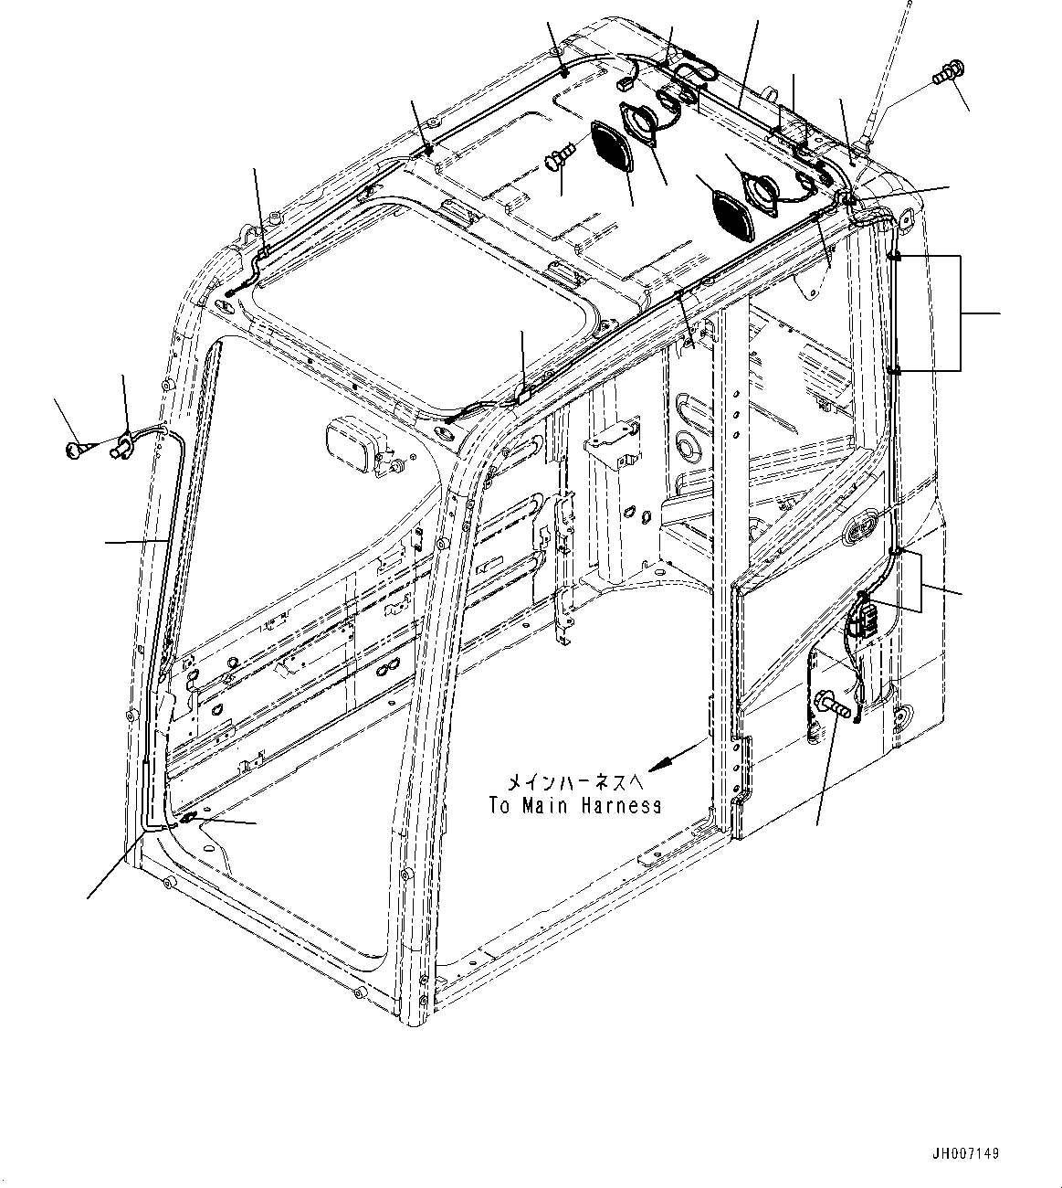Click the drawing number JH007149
pos(966,1154)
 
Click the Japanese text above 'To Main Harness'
pos(575,782)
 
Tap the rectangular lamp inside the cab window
pos(355,446)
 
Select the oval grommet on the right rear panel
pos(863,529)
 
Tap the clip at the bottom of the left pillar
pos(185,820)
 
